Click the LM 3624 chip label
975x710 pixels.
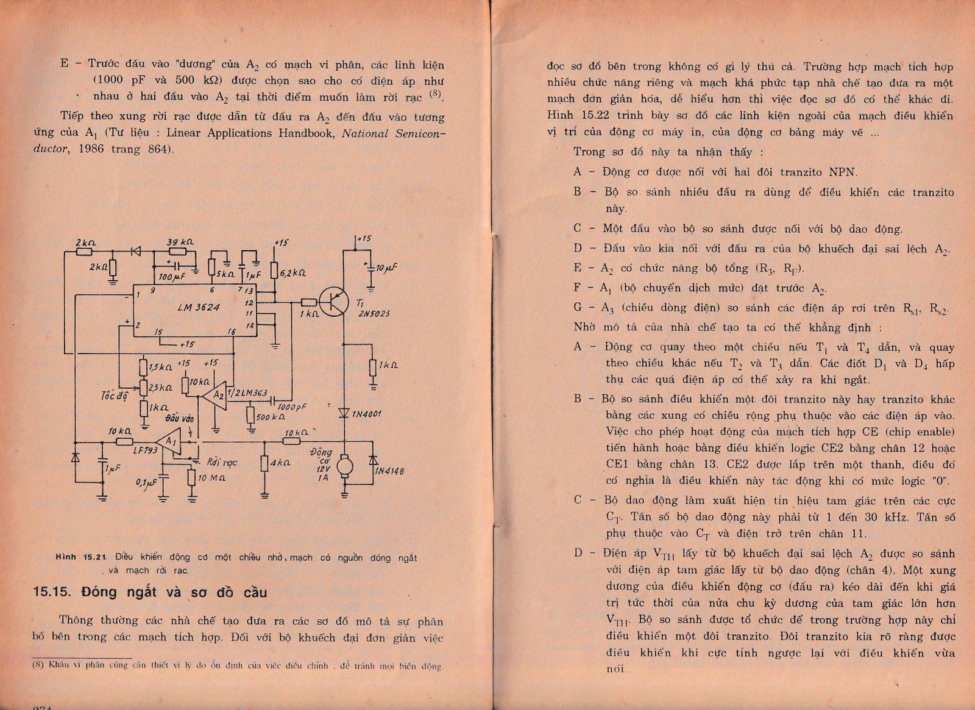coord(199,308)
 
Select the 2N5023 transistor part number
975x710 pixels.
coord(374,314)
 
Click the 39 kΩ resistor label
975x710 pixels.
coord(180,242)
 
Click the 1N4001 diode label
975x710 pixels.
coord(366,414)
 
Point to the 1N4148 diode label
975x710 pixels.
coord(390,471)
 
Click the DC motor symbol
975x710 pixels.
coord(345,467)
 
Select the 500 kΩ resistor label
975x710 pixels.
coord(271,417)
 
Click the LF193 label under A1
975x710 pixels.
coord(145,450)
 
